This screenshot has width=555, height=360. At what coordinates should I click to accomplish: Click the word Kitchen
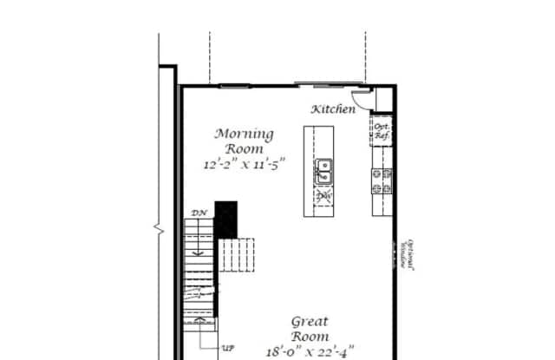(x=333, y=109)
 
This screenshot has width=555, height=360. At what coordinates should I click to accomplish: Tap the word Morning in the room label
(x=245, y=134)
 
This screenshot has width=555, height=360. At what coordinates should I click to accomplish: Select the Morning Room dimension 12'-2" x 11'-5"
(x=244, y=162)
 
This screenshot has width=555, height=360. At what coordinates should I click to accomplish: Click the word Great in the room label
(x=310, y=320)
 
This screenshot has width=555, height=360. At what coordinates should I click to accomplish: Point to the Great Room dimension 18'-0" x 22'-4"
(x=310, y=351)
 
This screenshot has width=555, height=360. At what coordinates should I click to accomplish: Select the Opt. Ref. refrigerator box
(x=381, y=132)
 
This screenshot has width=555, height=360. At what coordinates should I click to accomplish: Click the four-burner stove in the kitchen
(x=382, y=180)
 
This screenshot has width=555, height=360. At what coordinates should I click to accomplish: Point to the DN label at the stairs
(x=198, y=213)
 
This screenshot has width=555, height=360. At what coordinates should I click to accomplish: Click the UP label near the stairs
(x=228, y=347)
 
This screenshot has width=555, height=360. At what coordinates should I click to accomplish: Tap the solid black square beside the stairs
(x=225, y=219)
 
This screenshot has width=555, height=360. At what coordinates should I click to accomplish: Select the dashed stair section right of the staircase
(x=237, y=255)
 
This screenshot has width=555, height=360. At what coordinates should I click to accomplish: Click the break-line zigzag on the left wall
(x=159, y=230)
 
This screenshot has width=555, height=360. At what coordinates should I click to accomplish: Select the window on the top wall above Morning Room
(x=234, y=85)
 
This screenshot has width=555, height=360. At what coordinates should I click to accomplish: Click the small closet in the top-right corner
(x=384, y=99)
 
